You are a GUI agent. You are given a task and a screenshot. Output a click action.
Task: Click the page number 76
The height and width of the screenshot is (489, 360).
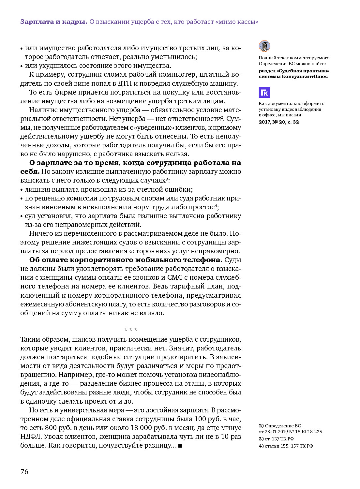(x=24, y=472)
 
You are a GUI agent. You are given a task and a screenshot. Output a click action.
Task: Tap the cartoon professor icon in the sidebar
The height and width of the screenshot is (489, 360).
(x=264, y=46)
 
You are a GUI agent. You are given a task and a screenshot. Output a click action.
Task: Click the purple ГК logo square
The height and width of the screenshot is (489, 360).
(x=264, y=93)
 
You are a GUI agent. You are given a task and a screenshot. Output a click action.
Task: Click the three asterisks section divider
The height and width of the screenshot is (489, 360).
(x=131, y=330)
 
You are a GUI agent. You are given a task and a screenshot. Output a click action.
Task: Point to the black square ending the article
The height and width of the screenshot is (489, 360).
(x=180, y=446)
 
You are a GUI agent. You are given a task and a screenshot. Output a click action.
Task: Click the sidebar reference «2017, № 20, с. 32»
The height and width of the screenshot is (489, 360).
(x=279, y=122)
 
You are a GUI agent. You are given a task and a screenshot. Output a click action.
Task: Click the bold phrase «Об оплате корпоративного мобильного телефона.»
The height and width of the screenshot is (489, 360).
(x=126, y=260)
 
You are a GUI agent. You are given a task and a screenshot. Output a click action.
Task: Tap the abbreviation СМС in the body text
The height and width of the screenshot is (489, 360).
(x=175, y=277)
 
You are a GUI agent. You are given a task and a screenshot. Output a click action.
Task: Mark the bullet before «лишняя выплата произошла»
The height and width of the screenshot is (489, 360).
(x=22, y=190)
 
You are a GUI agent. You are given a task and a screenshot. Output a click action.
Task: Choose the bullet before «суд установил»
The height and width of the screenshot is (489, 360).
(x=22, y=216)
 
